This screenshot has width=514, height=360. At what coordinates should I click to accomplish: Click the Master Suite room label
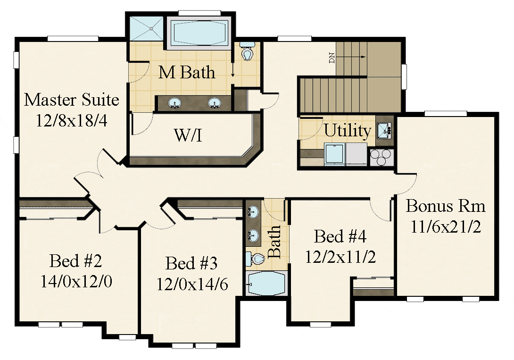tap(72, 100)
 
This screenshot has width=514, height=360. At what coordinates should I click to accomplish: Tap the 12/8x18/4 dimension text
tap(72, 121)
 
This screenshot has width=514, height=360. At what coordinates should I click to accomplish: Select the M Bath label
tap(187, 72)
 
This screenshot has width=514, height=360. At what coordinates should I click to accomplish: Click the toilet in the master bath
tap(247, 51)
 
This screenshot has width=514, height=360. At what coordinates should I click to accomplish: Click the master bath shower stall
tap(146, 28)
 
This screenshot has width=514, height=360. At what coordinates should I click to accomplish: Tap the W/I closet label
tap(188, 135)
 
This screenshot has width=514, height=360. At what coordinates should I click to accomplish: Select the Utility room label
tap(348, 131)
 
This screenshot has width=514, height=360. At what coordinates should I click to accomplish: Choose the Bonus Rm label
tap(446, 206)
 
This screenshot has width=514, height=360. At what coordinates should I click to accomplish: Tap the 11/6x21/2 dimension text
tap(446, 226)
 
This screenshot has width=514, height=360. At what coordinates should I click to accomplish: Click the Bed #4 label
tap(340, 236)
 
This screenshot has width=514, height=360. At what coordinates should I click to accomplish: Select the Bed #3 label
tap(191, 263)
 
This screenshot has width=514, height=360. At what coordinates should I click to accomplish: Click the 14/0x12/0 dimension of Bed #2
tap(76, 281)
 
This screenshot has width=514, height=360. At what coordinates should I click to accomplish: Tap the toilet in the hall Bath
tap(255, 260)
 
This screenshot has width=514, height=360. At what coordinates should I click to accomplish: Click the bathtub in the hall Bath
tap(266, 284)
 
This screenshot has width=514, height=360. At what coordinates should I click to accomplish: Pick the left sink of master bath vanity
tap(174, 103)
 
